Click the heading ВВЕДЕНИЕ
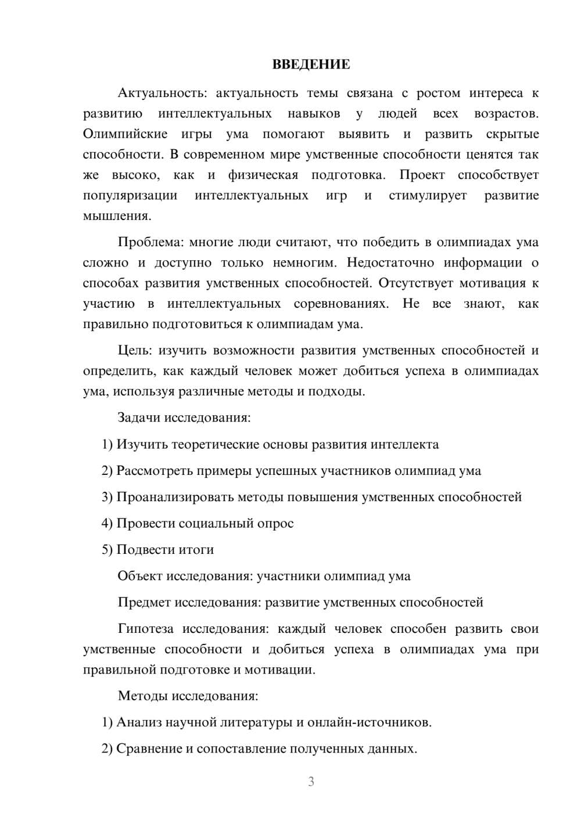point(311,64)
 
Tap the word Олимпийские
point(125,134)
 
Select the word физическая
point(263,175)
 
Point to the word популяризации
point(130,195)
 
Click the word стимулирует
point(428,195)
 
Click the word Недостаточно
point(390,262)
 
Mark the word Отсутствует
point(414,283)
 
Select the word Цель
point(134,351)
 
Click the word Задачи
point(139,417)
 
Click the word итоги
point(195,549)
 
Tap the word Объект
point(140,576)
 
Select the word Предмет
point(144,602)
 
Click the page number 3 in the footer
point(311,782)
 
